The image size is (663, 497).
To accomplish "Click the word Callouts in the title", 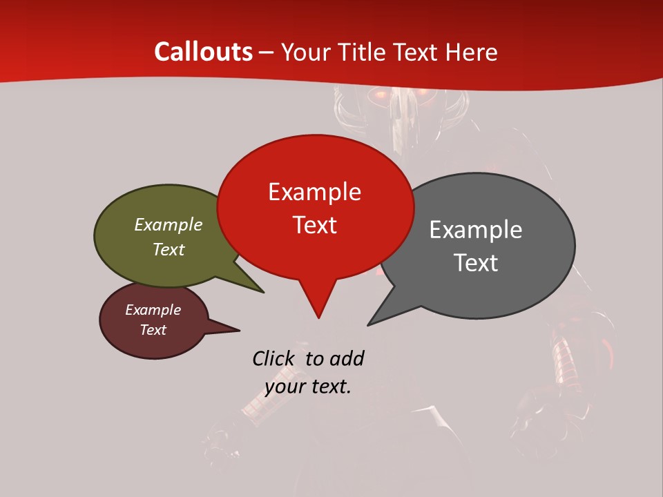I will click(x=203, y=52).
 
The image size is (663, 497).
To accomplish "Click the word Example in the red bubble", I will click(x=314, y=192).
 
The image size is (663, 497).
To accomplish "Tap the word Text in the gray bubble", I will click(x=476, y=263).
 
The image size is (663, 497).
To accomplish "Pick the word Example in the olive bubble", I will click(x=169, y=224).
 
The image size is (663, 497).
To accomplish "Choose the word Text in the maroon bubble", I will click(x=153, y=330).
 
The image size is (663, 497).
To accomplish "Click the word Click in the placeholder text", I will click(x=275, y=358).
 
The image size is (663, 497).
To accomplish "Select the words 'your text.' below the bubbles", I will click(x=308, y=387).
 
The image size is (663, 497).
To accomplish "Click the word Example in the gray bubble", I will click(x=476, y=230).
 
